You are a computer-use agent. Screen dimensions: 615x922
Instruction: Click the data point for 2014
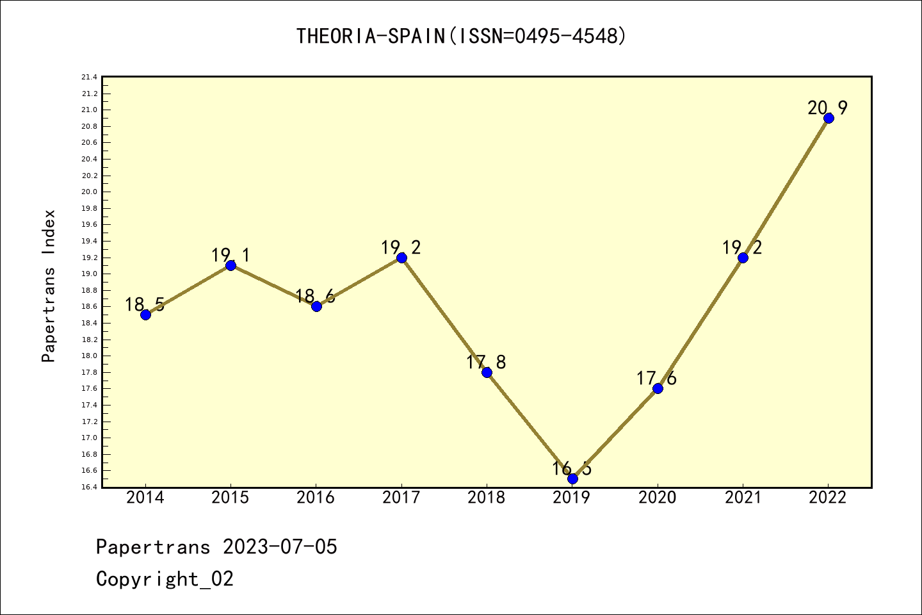click(145, 315)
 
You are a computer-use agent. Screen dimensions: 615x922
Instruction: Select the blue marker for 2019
click(572, 479)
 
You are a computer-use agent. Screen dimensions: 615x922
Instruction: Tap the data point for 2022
click(829, 118)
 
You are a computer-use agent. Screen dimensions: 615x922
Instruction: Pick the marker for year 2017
click(401, 258)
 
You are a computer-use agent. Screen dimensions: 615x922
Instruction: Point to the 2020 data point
click(658, 388)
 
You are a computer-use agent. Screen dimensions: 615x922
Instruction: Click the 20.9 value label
click(827, 108)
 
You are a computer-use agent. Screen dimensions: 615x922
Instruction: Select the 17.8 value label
click(486, 363)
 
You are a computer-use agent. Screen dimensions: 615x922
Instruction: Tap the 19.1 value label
click(230, 256)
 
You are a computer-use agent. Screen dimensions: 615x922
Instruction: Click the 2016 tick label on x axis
click(316, 498)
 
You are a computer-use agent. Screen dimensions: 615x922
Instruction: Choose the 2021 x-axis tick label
click(743, 498)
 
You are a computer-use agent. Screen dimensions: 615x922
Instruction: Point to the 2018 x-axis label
click(487, 498)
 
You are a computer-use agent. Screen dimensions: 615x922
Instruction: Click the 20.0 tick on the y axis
click(89, 192)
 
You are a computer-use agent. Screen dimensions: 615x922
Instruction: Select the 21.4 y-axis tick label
click(89, 78)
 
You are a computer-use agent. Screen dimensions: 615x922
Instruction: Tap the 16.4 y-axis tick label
click(89, 487)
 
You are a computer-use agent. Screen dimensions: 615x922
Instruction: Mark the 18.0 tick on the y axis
click(89, 356)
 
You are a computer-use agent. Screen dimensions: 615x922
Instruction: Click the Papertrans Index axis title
click(49, 286)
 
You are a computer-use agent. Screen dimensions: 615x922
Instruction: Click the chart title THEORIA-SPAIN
click(461, 37)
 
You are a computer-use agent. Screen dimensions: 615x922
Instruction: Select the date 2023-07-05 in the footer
click(280, 547)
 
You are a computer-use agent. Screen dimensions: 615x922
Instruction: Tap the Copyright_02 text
click(165, 579)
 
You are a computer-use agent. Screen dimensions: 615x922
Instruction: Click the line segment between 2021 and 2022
click(786, 188)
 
